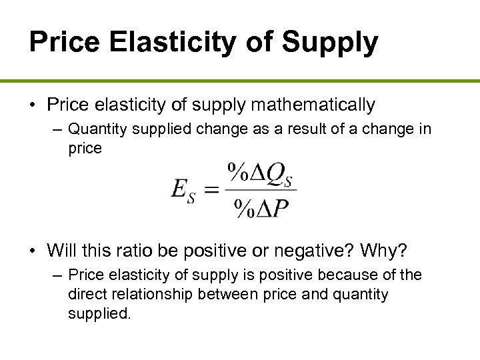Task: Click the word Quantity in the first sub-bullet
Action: tap(96, 128)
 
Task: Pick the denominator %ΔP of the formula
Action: tap(261, 209)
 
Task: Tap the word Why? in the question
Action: tap(388, 251)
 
